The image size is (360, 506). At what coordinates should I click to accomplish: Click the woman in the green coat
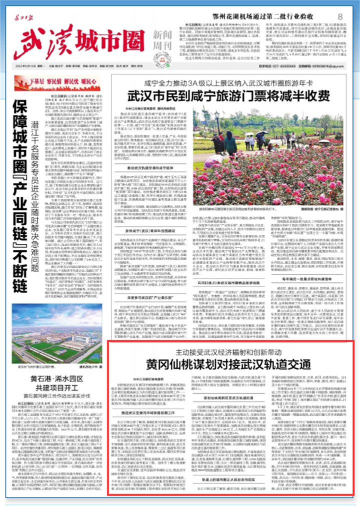230,143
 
